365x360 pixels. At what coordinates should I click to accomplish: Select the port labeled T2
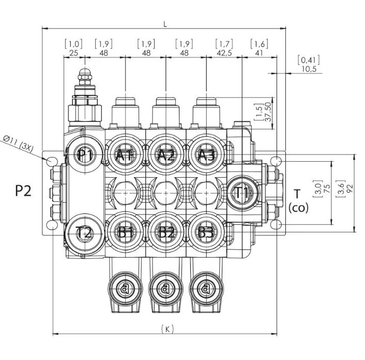click(x=84, y=233)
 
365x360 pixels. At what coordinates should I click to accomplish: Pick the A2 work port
click(x=165, y=155)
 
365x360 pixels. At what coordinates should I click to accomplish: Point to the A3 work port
click(x=206, y=155)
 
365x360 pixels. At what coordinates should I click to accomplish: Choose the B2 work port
click(x=165, y=232)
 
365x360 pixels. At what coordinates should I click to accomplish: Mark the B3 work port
click(x=206, y=232)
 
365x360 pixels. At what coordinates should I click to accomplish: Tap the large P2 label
click(x=23, y=191)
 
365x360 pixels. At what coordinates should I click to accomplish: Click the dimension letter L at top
click(x=165, y=24)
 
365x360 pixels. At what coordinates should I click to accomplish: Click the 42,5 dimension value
click(x=223, y=53)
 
